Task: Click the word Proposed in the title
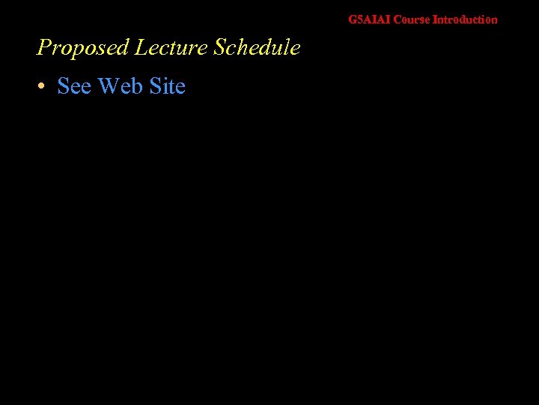click(x=83, y=48)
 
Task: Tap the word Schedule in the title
click(x=257, y=48)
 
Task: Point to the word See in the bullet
click(x=74, y=87)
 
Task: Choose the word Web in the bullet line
click(x=120, y=87)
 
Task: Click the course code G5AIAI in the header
click(x=369, y=19)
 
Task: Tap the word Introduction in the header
click(x=465, y=19)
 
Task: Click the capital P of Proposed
click(x=44, y=48)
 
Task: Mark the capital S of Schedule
click(x=219, y=48)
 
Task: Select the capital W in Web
click(x=109, y=87)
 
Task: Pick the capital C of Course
click(x=397, y=19)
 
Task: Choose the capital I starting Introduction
click(x=435, y=19)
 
